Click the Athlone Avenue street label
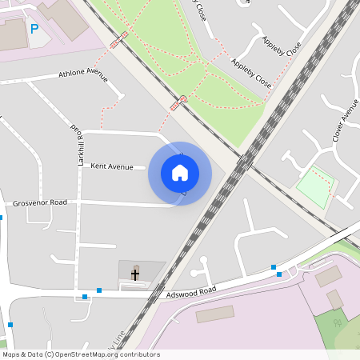[83, 76]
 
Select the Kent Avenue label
[112, 166]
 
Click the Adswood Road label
[191, 294]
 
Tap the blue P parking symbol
[34, 29]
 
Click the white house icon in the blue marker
[180, 173]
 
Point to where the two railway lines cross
[245, 161]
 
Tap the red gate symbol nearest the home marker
[175, 106]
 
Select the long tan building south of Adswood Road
[214, 314]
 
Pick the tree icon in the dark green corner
[337, 326]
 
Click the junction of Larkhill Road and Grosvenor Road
[78, 202]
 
